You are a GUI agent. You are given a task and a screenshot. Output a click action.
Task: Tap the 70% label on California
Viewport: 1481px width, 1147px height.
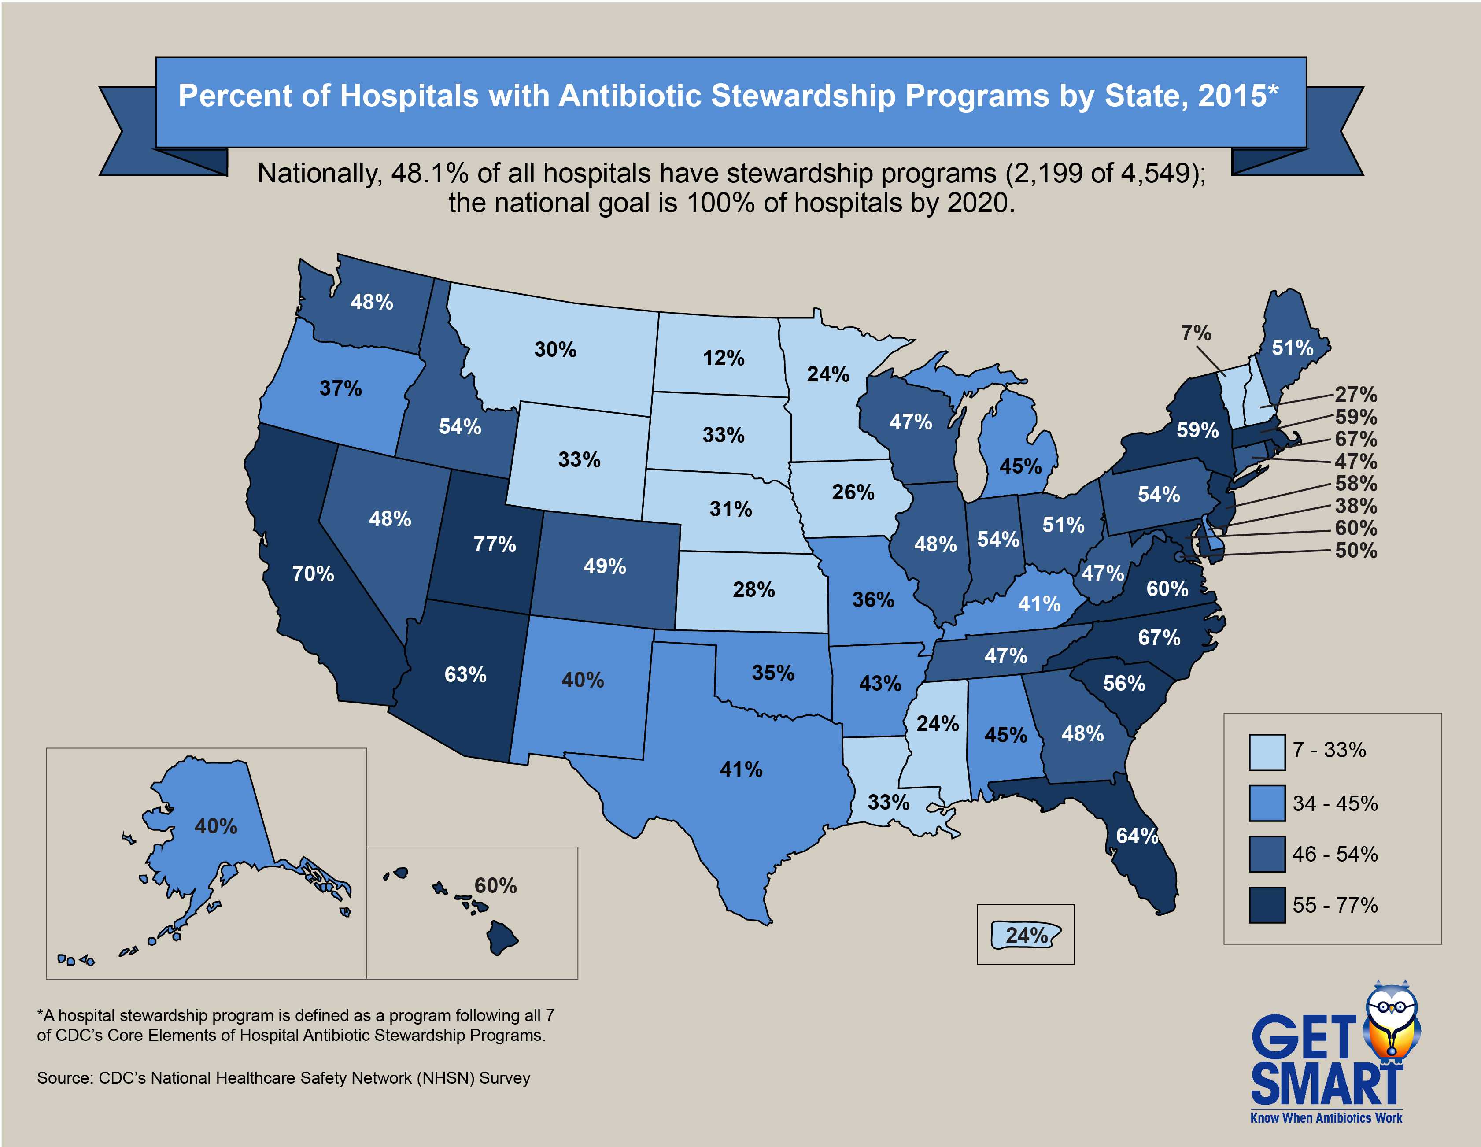point(313,574)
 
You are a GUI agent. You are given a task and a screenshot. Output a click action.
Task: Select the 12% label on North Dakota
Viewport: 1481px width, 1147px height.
point(723,358)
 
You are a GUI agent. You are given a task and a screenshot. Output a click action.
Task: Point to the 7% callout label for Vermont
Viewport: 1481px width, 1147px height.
point(1196,333)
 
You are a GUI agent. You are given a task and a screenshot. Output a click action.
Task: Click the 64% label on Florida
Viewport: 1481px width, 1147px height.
point(1137,836)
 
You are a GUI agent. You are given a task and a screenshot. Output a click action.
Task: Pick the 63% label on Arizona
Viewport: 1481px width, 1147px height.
point(465,674)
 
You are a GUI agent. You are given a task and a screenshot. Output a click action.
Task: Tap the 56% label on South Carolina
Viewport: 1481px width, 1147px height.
point(1124,683)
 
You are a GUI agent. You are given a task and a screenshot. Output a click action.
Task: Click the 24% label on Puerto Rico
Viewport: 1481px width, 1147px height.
point(1027,936)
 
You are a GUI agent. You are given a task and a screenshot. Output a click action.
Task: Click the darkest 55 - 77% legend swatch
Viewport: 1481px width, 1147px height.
point(1267,905)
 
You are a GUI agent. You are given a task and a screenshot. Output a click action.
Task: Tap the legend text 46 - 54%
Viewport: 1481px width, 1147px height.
point(1334,854)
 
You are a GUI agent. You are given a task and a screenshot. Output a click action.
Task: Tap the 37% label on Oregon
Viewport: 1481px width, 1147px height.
point(340,388)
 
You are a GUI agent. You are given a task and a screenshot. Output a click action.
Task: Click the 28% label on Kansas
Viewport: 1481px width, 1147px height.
point(753,589)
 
